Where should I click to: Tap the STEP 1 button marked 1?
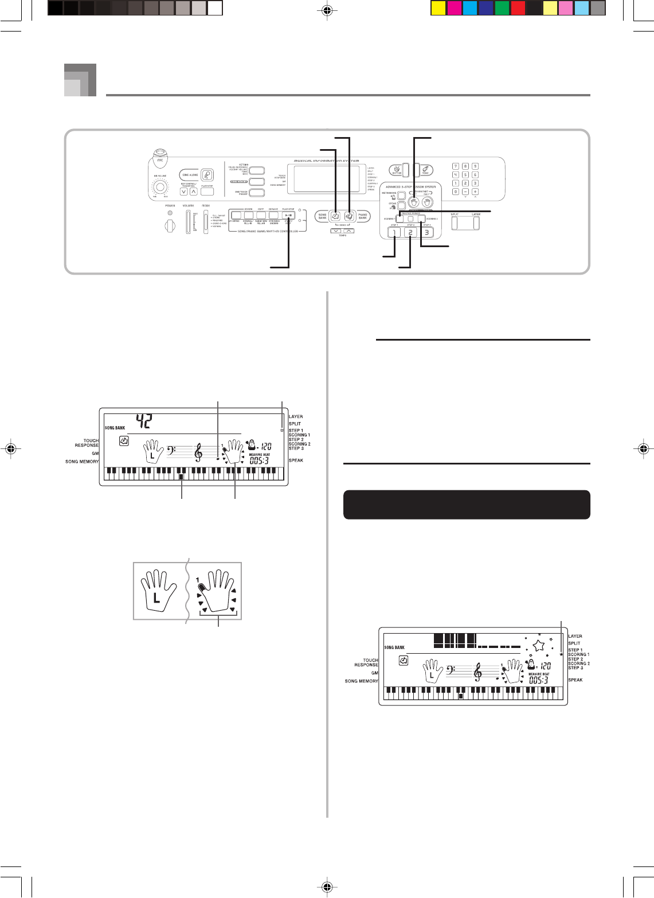point(394,233)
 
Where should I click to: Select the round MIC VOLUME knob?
point(160,188)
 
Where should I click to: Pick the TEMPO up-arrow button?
point(349,231)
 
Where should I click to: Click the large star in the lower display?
point(537,647)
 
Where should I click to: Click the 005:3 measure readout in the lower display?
point(541,680)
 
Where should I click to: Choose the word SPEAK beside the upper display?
point(296,460)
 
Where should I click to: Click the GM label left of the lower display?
point(374,673)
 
